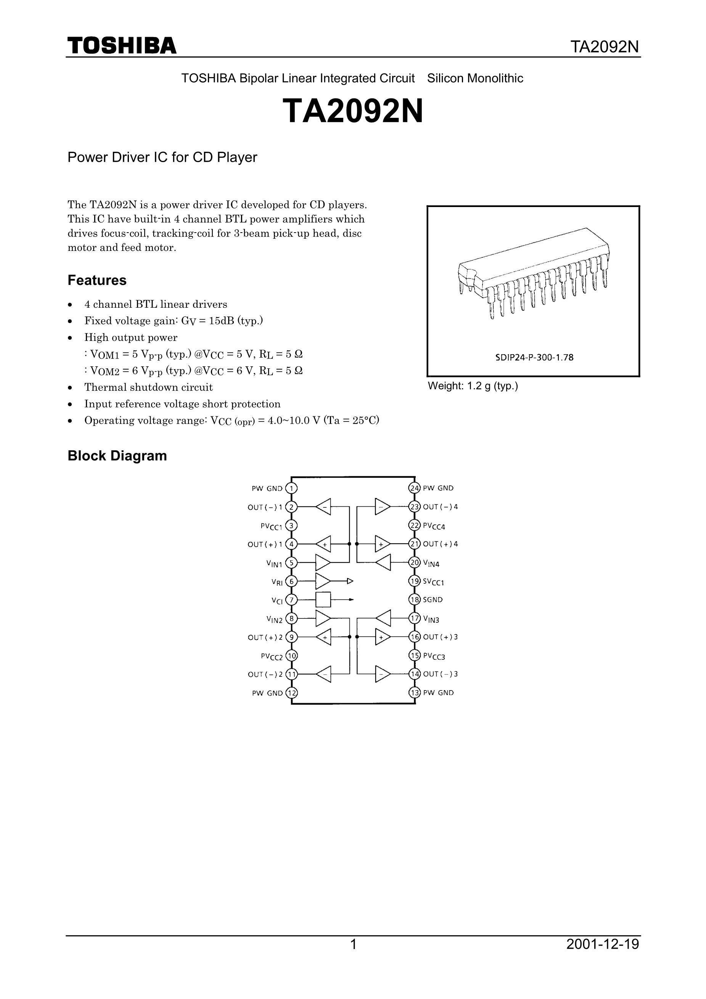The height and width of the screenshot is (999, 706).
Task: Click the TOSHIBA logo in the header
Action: pos(122,46)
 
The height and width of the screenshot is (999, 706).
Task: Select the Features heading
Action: pos(96,280)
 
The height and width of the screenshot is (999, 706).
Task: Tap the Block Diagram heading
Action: pos(117,456)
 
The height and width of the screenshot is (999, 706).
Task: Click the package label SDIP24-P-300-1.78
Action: pos(534,358)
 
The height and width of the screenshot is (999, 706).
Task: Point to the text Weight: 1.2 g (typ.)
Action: pos(473,386)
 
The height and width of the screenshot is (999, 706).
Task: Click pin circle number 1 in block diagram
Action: pos(291,488)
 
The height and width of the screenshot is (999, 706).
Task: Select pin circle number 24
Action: pos(414,488)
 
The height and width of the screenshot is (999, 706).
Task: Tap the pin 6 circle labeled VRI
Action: pos(291,581)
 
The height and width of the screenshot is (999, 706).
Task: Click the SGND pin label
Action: pos(433,599)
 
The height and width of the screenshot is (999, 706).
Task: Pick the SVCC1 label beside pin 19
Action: pos(434,582)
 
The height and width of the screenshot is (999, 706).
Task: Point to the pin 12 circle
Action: pos(291,693)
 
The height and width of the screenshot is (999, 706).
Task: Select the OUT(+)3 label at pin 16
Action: pos(440,637)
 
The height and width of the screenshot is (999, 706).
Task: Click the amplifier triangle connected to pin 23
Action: pos(382,507)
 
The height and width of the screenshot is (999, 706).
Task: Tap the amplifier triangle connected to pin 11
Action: pos(323,674)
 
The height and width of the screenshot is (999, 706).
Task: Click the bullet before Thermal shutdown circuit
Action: pos(70,388)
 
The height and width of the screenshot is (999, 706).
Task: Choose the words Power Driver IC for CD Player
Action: pos(162,157)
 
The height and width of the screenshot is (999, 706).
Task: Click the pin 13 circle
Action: pos(414,693)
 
